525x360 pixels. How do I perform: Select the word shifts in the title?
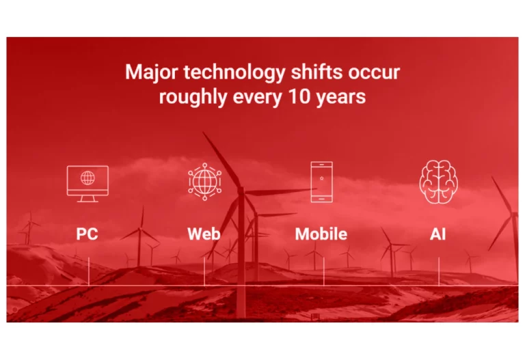[x=317, y=72]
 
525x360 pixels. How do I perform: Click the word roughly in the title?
[x=193, y=98]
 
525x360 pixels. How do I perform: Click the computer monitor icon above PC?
[x=87, y=184]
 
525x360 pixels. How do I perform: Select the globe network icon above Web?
[x=204, y=182]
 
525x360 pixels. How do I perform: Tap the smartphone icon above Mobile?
[x=321, y=182]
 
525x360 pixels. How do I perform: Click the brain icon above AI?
[x=439, y=182]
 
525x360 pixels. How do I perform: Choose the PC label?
[x=87, y=234]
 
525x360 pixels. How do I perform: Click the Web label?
[x=204, y=234]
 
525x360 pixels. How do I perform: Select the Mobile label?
[x=321, y=234]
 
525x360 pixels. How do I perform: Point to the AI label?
[x=438, y=234]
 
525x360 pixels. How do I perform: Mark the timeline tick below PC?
[x=89, y=271]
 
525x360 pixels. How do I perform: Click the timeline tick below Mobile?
[x=324, y=271]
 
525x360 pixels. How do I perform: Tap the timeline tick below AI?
[x=439, y=271]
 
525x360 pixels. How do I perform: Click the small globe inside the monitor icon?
[x=87, y=178]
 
